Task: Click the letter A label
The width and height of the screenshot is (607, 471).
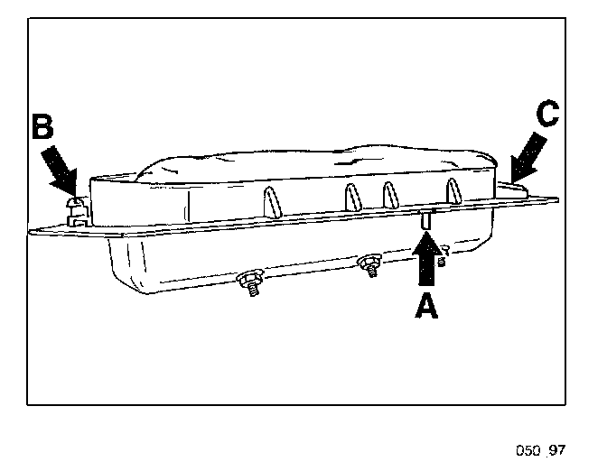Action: [426, 307]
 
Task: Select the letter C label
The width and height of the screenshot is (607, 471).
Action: [547, 115]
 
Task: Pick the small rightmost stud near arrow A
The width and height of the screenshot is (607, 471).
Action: [442, 260]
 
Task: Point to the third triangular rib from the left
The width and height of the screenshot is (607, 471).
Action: [390, 194]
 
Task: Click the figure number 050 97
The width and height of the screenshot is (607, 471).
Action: [540, 449]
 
